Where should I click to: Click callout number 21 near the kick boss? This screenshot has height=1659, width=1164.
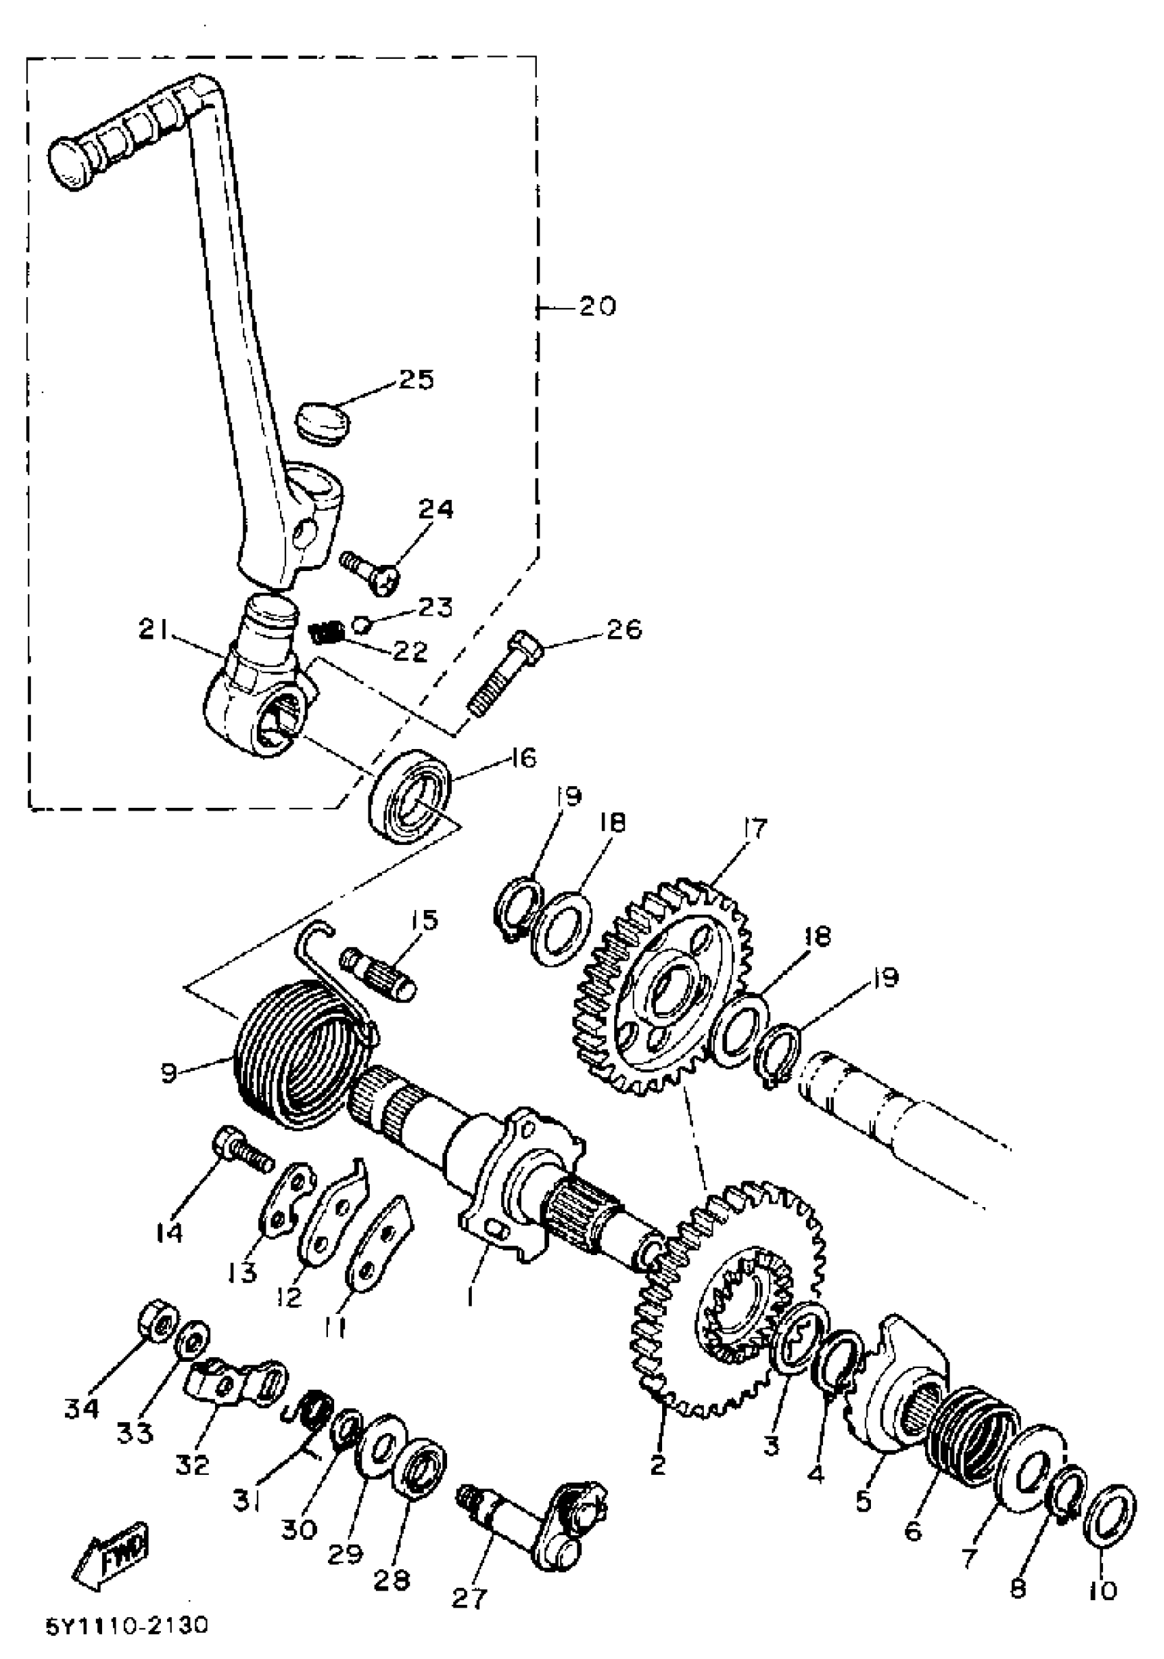coord(153,631)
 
